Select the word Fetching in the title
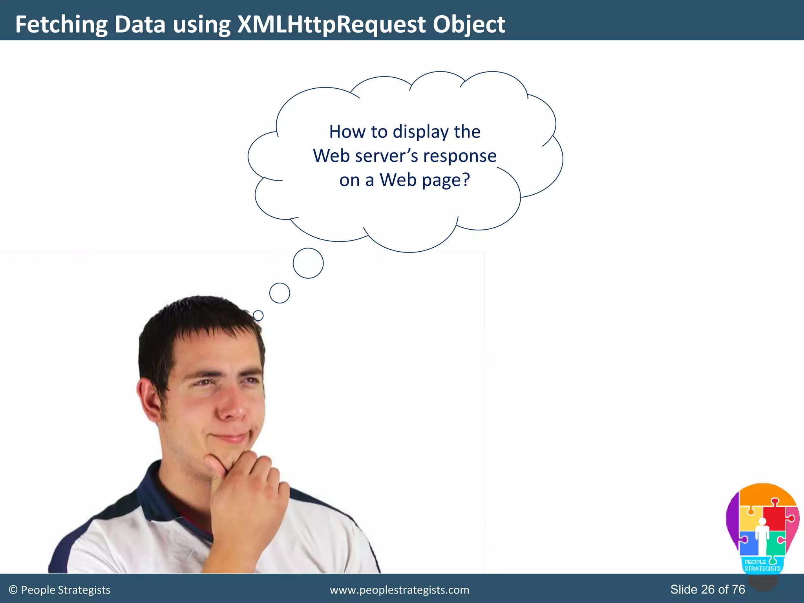61,24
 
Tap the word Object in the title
469,24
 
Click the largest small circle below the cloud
308,263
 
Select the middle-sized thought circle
280,293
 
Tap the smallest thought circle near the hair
258,315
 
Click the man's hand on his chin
247,495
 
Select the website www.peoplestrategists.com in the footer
399,590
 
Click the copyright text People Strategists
66,590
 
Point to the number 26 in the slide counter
708,589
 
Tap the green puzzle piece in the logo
775,544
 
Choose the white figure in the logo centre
762,538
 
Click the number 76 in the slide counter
738,589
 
